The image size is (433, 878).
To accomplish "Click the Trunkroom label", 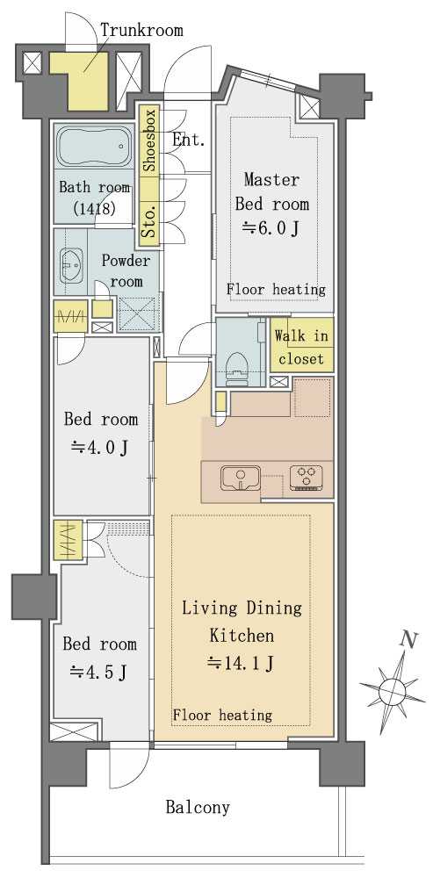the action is click(x=141, y=30).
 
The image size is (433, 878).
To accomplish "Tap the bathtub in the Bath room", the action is click(x=93, y=146).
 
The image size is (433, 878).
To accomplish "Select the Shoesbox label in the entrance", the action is click(x=149, y=140).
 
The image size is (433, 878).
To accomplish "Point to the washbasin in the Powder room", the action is click(x=71, y=265).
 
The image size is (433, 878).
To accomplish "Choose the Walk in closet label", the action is click(x=301, y=347).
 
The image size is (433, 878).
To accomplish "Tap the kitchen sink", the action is click(x=241, y=479).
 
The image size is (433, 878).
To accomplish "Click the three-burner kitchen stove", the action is click(x=307, y=478).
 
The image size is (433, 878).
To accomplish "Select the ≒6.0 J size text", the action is click(x=270, y=228).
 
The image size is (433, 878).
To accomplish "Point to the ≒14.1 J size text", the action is click(x=241, y=664).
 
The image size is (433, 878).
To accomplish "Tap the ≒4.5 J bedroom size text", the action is click(x=98, y=672).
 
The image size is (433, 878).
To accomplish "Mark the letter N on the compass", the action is click(x=410, y=639).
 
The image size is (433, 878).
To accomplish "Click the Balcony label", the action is click(x=198, y=808).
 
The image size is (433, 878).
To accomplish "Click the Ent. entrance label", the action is click(x=188, y=140).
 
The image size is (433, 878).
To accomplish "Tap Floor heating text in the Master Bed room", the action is click(x=276, y=290).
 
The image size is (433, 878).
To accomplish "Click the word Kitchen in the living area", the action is click(x=242, y=636).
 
